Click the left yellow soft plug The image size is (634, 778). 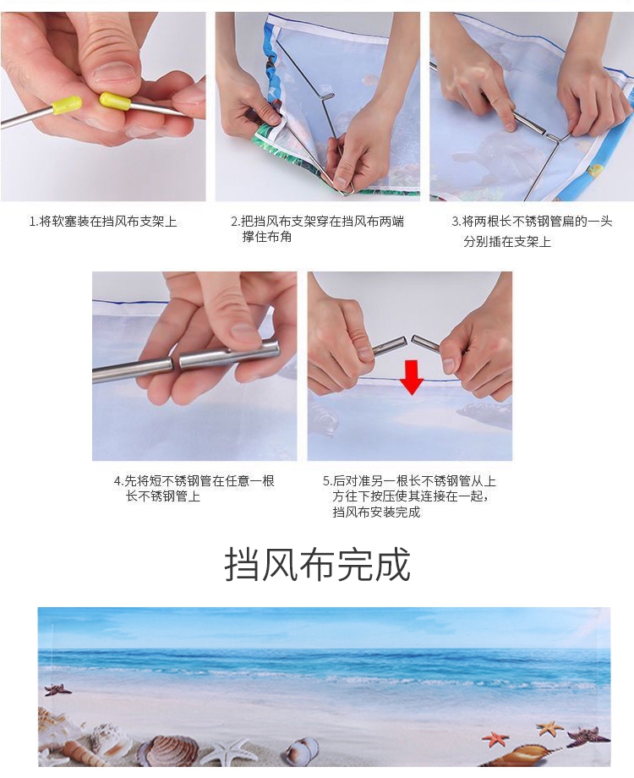(x=66, y=105)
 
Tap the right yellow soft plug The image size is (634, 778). (x=115, y=101)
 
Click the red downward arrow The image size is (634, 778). (x=412, y=378)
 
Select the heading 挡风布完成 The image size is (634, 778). (x=318, y=564)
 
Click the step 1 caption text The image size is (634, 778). (x=102, y=222)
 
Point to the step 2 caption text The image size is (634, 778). (x=318, y=228)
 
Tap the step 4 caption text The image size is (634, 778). (x=194, y=488)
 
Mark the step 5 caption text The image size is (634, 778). (x=410, y=496)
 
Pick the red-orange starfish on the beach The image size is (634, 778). (x=495, y=739)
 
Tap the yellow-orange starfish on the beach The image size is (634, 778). (x=549, y=728)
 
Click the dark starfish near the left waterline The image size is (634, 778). (x=57, y=689)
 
